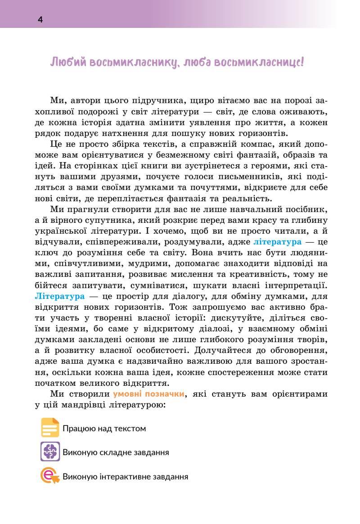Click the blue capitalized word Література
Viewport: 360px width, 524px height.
[59, 296]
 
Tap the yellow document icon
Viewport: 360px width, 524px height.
[50, 428]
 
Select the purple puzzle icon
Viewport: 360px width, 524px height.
[50, 452]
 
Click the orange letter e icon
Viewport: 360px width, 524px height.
[50, 476]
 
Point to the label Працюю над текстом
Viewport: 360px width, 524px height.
[104, 429]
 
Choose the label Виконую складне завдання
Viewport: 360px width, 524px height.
[116, 452]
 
